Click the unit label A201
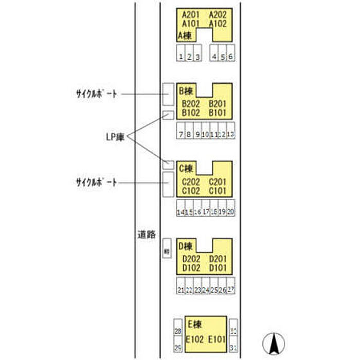pyautogui.click(x=191, y=14)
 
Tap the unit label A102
pyautogui.click(x=218, y=23)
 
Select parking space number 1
pyautogui.click(x=181, y=57)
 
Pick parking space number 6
pyautogui.click(x=231, y=57)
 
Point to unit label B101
pyautogui.click(x=218, y=112)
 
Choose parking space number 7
pyautogui.click(x=181, y=134)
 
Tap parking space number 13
pyautogui.click(x=230, y=134)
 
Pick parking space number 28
pyautogui.click(x=178, y=332)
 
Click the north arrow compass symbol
pyautogui.click(x=275, y=343)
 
